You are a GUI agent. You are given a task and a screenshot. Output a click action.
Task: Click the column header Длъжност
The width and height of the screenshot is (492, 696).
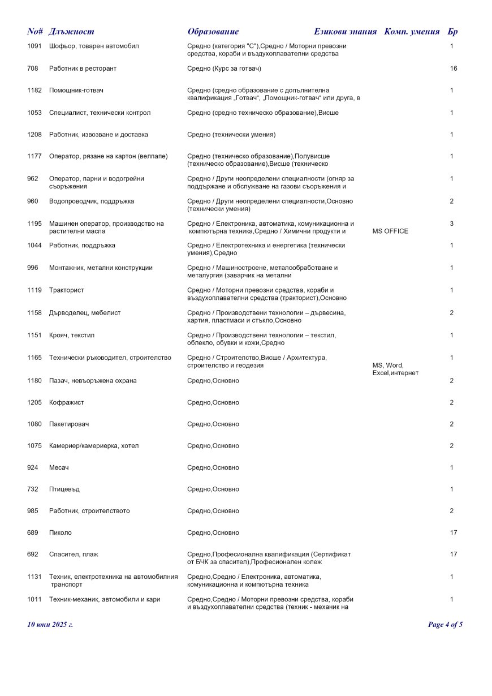coord(71,32)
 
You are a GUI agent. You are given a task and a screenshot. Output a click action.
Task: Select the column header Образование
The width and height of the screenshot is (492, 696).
coord(213,32)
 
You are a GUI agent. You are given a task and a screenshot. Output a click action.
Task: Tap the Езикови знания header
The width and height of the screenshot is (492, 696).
coord(345,32)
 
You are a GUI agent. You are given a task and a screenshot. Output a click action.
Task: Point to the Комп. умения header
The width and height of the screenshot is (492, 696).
coord(412,32)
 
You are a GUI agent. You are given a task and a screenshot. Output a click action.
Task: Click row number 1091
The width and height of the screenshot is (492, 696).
coord(34,46)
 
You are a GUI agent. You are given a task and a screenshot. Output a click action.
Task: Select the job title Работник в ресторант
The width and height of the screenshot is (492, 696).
coord(83,68)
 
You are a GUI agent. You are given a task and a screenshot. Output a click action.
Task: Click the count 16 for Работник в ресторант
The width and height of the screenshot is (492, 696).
coord(454,68)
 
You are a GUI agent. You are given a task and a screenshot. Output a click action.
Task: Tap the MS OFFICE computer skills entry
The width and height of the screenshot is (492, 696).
coord(391,231)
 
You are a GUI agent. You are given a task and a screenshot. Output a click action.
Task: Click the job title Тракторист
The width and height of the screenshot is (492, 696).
coord(67,290)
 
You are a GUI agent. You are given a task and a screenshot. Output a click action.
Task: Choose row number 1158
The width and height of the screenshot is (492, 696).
coord(34,313)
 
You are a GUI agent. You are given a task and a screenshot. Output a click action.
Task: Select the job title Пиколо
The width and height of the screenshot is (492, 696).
coord(61,533)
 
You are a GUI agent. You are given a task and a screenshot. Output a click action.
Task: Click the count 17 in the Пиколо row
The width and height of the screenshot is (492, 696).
coord(454,533)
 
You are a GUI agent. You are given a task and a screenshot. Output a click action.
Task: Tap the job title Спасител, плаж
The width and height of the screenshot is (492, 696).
coord(74,555)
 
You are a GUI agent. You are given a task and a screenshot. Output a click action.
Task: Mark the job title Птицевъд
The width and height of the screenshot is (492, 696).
coord(64,489)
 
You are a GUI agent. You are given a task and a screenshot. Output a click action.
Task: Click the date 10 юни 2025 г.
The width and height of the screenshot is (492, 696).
coord(50,625)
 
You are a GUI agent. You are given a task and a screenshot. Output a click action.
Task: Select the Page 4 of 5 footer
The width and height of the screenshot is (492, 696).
coord(446,625)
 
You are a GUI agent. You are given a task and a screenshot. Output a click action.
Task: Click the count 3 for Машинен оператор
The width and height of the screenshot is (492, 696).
coord(452,224)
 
